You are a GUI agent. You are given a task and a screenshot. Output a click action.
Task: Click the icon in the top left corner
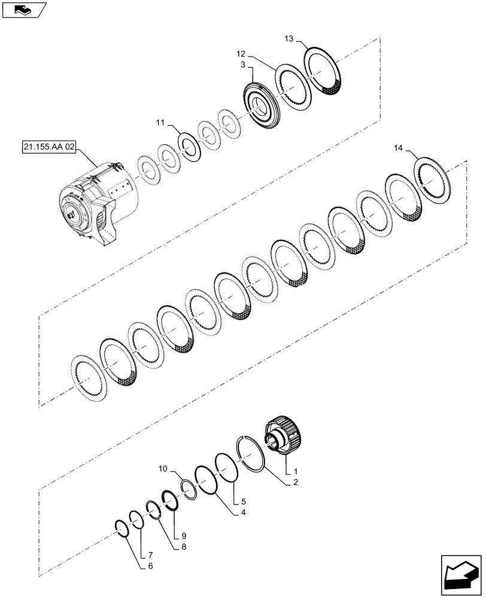[24, 9]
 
